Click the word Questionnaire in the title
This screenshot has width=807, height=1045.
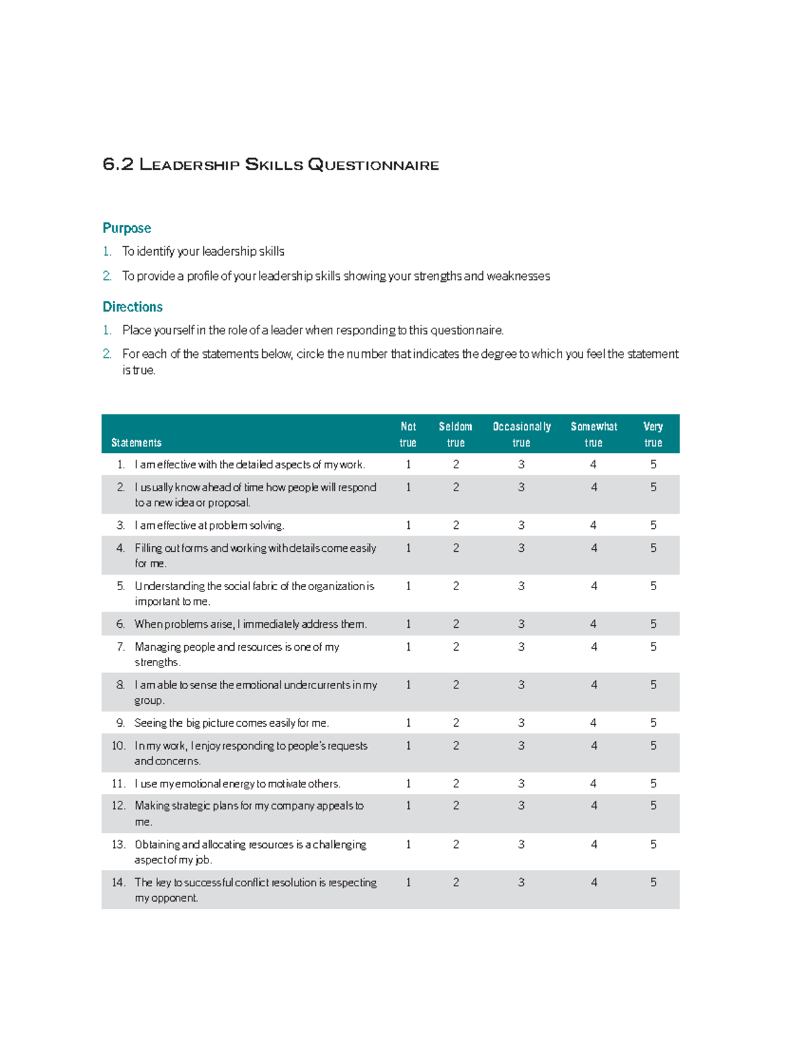373,165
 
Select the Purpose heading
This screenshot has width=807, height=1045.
126,228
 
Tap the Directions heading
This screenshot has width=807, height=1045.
132,307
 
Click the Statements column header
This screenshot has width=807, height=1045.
136,443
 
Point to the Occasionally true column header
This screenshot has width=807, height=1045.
521,434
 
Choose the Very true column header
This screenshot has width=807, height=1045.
653,434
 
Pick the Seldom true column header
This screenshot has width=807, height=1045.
455,434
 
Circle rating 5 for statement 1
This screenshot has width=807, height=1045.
653,464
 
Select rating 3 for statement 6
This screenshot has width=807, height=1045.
521,624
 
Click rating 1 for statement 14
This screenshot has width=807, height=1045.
408,882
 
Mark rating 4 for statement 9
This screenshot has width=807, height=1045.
593,723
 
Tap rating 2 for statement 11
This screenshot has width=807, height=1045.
456,783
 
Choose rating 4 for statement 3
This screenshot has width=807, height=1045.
593,525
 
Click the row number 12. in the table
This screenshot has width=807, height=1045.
119,805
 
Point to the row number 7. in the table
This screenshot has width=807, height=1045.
121,647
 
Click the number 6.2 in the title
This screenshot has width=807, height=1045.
118,165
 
